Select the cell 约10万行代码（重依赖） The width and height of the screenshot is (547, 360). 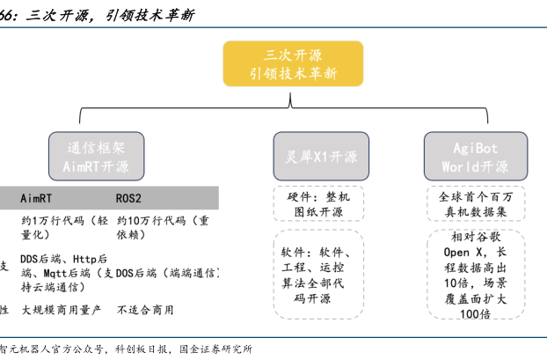(163, 228)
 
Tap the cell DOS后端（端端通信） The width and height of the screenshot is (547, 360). (167, 273)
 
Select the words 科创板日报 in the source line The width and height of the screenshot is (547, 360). (145, 349)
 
